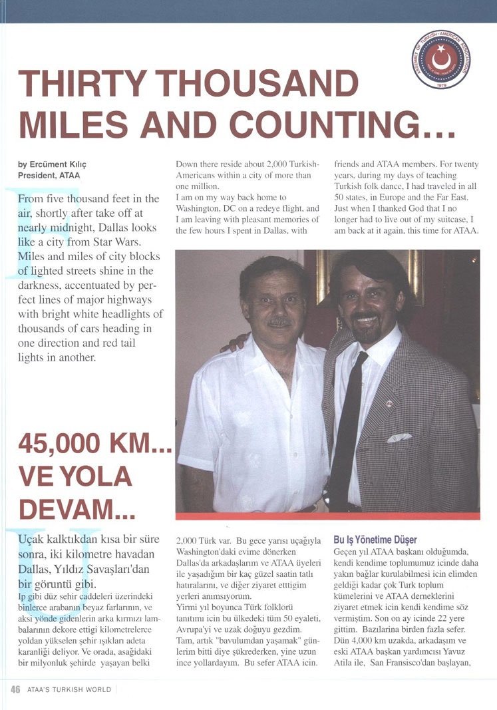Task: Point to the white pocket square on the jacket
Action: pos(399,437)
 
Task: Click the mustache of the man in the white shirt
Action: pos(280,322)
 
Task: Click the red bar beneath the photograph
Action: pos(327,516)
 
